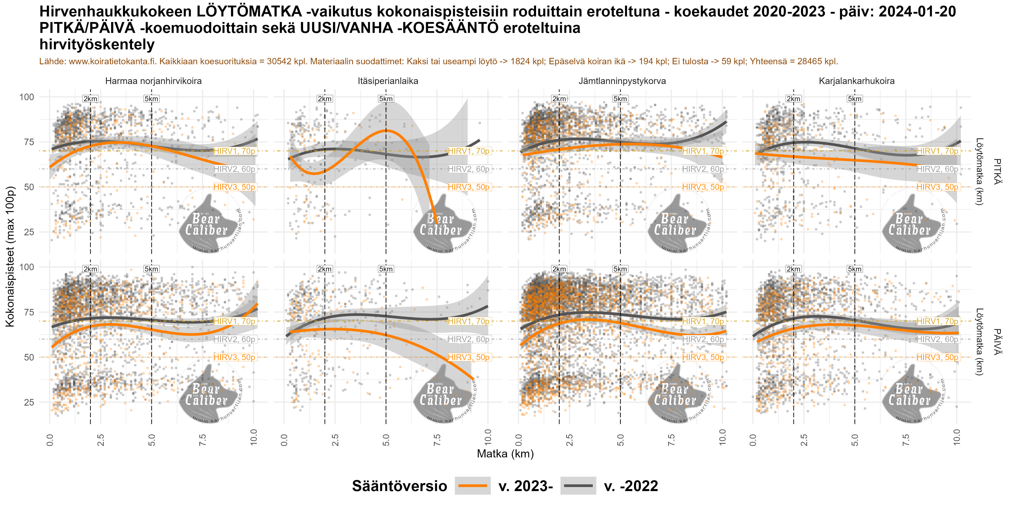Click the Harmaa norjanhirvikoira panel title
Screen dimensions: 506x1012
coord(153,81)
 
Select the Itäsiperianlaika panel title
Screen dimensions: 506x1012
coord(388,81)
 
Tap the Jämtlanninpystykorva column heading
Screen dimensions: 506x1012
coord(622,81)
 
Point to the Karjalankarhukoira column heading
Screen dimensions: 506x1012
coord(856,81)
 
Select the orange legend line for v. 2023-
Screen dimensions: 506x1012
coord(473,486)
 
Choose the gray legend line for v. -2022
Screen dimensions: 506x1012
coord(578,486)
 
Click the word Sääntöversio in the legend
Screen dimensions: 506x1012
coord(399,486)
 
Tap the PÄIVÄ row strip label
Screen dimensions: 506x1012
coord(997,342)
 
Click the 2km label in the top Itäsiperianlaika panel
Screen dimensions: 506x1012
coord(325,99)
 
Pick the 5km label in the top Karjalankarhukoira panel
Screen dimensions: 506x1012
coord(854,99)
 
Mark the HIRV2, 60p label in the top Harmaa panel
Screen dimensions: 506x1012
coord(235,169)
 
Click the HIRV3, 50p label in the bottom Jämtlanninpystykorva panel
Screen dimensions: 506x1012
coord(703,357)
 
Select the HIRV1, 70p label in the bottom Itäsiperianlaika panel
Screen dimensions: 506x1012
coord(469,321)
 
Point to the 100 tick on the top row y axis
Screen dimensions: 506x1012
coord(27,97)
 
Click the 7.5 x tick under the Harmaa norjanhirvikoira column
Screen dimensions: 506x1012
coord(203,437)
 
